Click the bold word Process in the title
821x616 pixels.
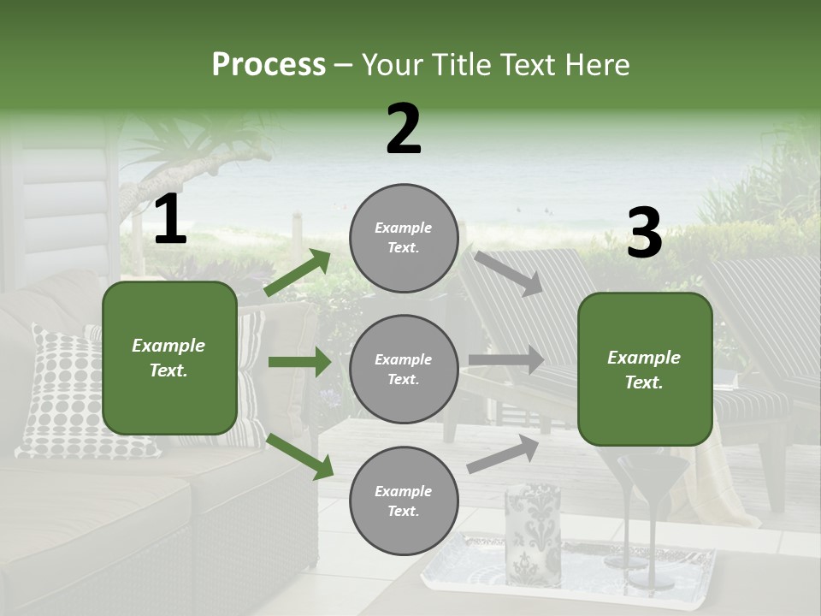click(269, 65)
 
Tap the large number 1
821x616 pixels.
click(170, 220)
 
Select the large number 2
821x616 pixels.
click(404, 129)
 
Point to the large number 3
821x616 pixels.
click(644, 233)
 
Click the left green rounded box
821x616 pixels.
click(169, 358)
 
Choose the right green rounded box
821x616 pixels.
click(645, 369)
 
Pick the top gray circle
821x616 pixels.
click(404, 238)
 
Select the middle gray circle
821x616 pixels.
click(404, 369)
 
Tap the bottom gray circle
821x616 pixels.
click(404, 501)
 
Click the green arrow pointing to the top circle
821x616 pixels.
click(298, 273)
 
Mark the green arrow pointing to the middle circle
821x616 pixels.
click(299, 362)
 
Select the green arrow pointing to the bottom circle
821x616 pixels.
click(299, 456)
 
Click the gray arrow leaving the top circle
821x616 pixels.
click(508, 273)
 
